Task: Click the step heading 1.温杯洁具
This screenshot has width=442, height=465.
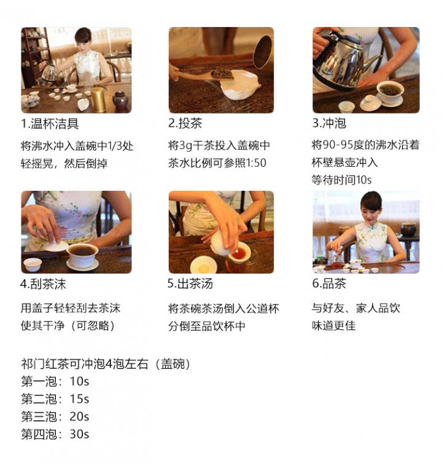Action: click(50, 124)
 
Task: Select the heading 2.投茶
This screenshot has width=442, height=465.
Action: click(185, 123)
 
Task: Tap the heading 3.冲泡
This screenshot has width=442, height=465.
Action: click(329, 123)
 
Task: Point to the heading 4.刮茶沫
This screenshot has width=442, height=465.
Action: click(44, 284)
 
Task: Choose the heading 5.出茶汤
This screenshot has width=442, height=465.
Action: click(190, 283)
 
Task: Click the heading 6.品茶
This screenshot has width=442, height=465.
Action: click(329, 283)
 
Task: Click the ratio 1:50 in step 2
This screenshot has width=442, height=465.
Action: click(256, 163)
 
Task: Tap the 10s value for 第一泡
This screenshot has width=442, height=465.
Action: click(79, 382)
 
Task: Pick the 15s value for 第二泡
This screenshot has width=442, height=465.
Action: click(79, 399)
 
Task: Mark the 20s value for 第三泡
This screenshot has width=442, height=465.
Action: click(79, 417)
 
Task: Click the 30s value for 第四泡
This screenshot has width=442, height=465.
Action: click(79, 434)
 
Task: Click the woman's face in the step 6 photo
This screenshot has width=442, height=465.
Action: click(370, 212)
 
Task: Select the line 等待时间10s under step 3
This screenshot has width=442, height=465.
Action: click(341, 180)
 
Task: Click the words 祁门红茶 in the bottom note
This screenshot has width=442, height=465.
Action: click(45, 364)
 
